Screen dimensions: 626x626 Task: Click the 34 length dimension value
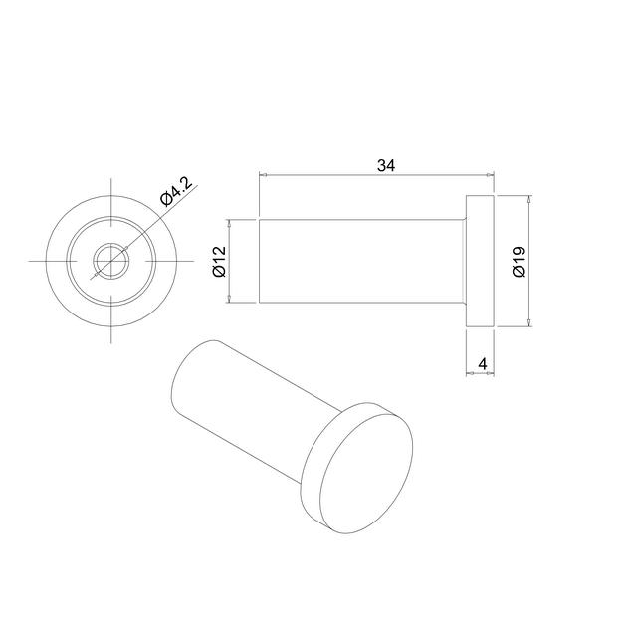coord(385,165)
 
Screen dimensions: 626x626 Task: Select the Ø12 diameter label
coord(220,261)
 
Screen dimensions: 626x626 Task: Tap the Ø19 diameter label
coord(518,261)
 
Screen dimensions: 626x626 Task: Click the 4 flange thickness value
coord(482,364)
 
